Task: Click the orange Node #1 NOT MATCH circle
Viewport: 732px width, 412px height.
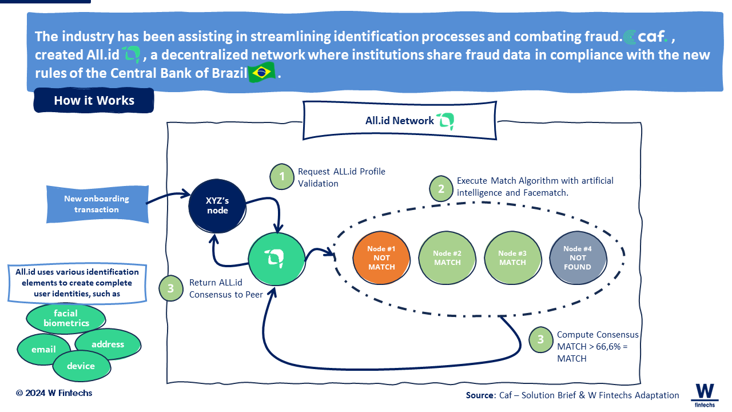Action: click(381, 257)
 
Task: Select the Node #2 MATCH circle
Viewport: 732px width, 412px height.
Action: click(447, 257)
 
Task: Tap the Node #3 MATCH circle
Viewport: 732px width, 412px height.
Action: click(512, 257)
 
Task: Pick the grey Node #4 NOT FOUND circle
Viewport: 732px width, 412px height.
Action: click(578, 257)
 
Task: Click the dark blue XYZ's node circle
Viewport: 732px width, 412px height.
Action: click(217, 206)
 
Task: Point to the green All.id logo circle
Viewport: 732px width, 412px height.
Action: click(277, 259)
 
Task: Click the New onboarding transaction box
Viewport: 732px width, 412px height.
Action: click(97, 204)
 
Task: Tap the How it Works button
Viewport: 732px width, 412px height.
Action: click(94, 100)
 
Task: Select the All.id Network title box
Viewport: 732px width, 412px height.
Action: click(400, 121)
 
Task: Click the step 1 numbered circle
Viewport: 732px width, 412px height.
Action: click(282, 177)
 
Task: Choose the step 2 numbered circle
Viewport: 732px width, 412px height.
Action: click(441, 188)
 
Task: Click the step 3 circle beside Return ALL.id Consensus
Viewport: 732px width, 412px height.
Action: click(171, 288)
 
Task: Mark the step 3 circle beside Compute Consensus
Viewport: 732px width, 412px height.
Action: click(541, 339)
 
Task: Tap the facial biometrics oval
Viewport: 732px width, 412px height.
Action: click(66, 318)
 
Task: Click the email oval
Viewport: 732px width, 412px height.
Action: click(43, 349)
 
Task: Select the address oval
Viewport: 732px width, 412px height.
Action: click(108, 344)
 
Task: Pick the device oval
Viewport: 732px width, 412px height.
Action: click(81, 366)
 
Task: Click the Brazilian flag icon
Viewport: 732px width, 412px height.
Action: click(261, 72)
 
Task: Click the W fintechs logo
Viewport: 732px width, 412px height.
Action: click(705, 395)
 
